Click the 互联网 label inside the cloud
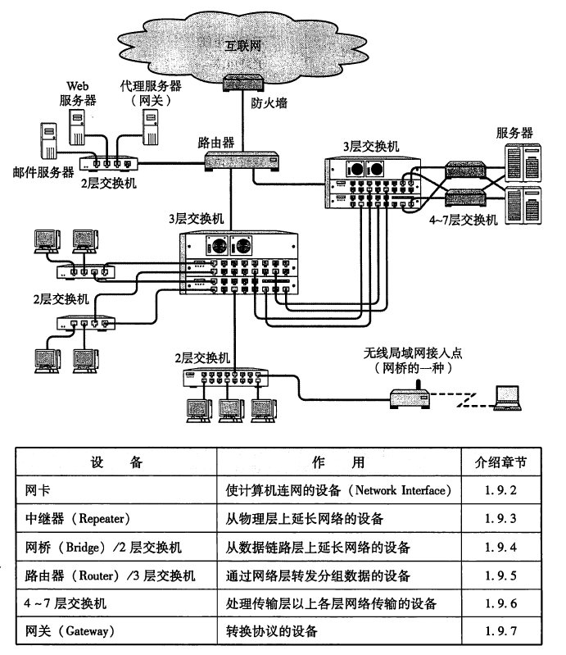coord(246,46)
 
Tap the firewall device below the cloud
coord(243,83)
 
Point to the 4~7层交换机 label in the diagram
coord(463,220)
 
